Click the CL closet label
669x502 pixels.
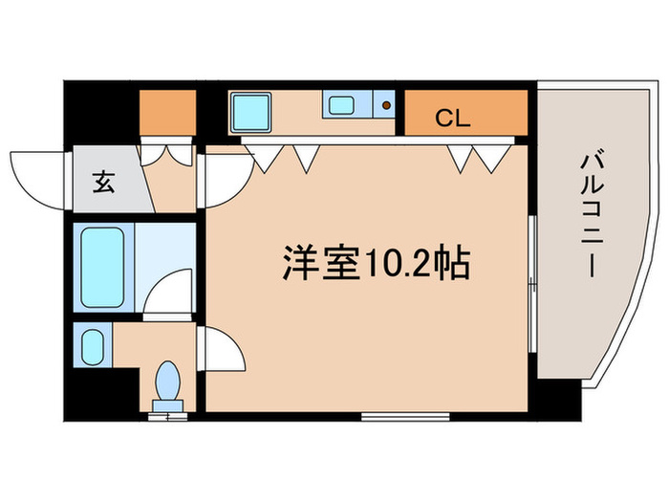(x=453, y=119)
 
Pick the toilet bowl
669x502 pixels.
(x=168, y=381)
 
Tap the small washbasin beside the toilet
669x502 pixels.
(x=93, y=346)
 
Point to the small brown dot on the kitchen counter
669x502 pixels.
(x=385, y=105)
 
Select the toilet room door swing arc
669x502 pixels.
(x=222, y=352)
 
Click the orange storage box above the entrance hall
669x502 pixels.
(x=167, y=113)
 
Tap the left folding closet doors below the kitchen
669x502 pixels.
(x=285, y=156)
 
